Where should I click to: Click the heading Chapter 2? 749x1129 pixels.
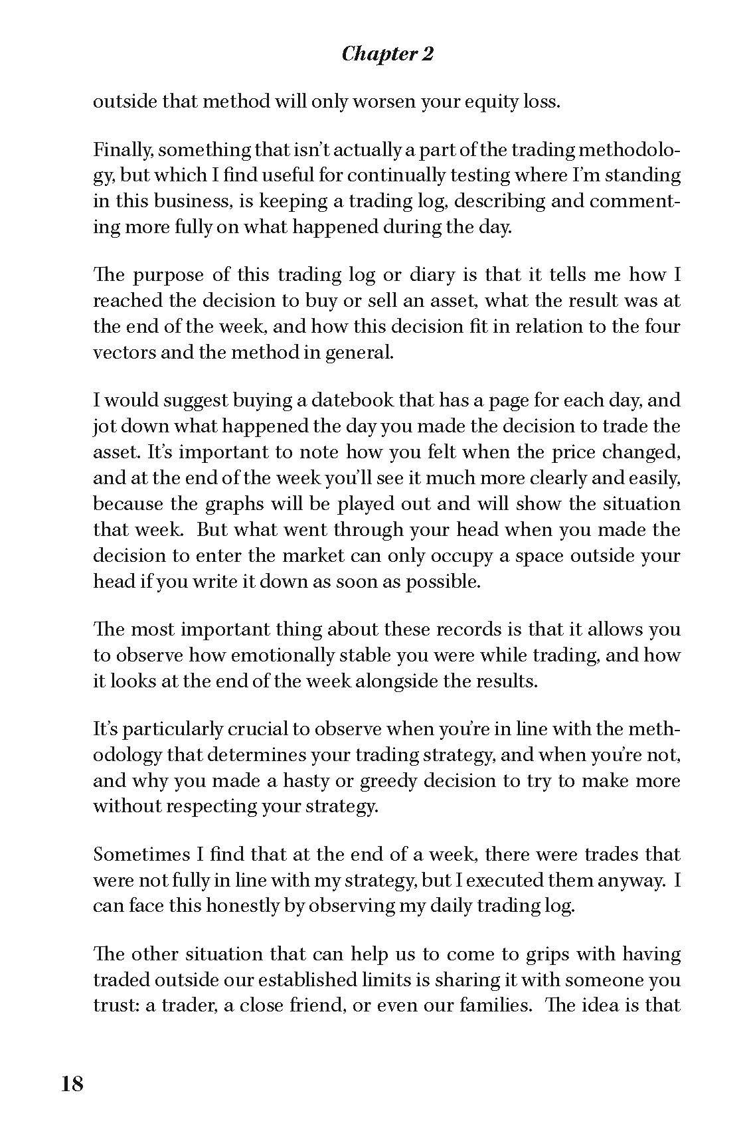pos(387,54)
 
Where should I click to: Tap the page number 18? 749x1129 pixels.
pos(73,1084)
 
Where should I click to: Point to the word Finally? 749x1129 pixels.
pos(121,150)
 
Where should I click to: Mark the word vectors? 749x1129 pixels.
pos(124,352)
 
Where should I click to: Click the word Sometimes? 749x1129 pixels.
pos(140,855)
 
